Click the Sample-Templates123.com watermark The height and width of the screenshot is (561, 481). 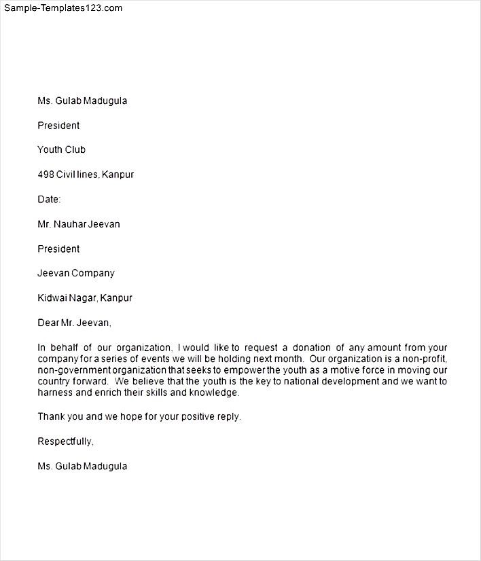point(63,8)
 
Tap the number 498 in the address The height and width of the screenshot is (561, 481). point(46,175)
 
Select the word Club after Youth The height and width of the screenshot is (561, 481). point(75,150)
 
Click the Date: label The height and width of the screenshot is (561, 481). point(49,199)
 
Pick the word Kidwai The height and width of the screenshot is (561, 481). point(52,297)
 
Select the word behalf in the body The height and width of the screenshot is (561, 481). point(65,347)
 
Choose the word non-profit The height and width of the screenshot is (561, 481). point(426,359)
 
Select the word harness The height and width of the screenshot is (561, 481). point(55,393)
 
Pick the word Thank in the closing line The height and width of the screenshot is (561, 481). point(51,416)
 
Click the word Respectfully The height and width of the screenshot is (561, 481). point(65,441)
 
